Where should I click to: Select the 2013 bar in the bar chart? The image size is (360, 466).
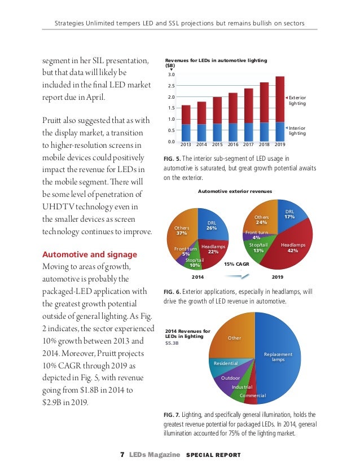click(186, 121)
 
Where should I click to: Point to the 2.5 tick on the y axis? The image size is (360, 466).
click(170, 86)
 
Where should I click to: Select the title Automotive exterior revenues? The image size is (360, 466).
click(235, 191)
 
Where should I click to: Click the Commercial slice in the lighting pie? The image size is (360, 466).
click(252, 395)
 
